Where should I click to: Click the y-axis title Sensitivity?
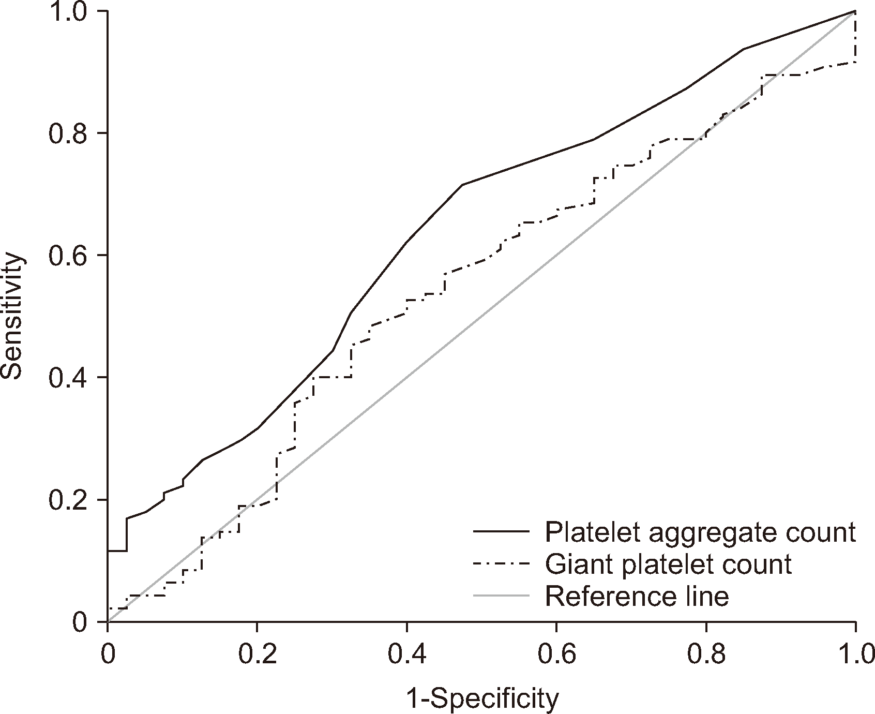pyautogui.click(x=12, y=316)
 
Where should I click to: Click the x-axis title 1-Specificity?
pyautogui.click(x=483, y=699)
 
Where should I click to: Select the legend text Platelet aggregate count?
pyautogui.click(x=701, y=532)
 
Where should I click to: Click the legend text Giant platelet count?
pyautogui.click(x=668, y=564)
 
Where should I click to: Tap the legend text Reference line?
pyautogui.click(x=637, y=596)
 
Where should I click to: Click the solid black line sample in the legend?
pyautogui.click(x=502, y=532)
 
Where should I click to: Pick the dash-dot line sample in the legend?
pyautogui.click(x=502, y=564)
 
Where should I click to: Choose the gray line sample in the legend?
pyautogui.click(x=502, y=596)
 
